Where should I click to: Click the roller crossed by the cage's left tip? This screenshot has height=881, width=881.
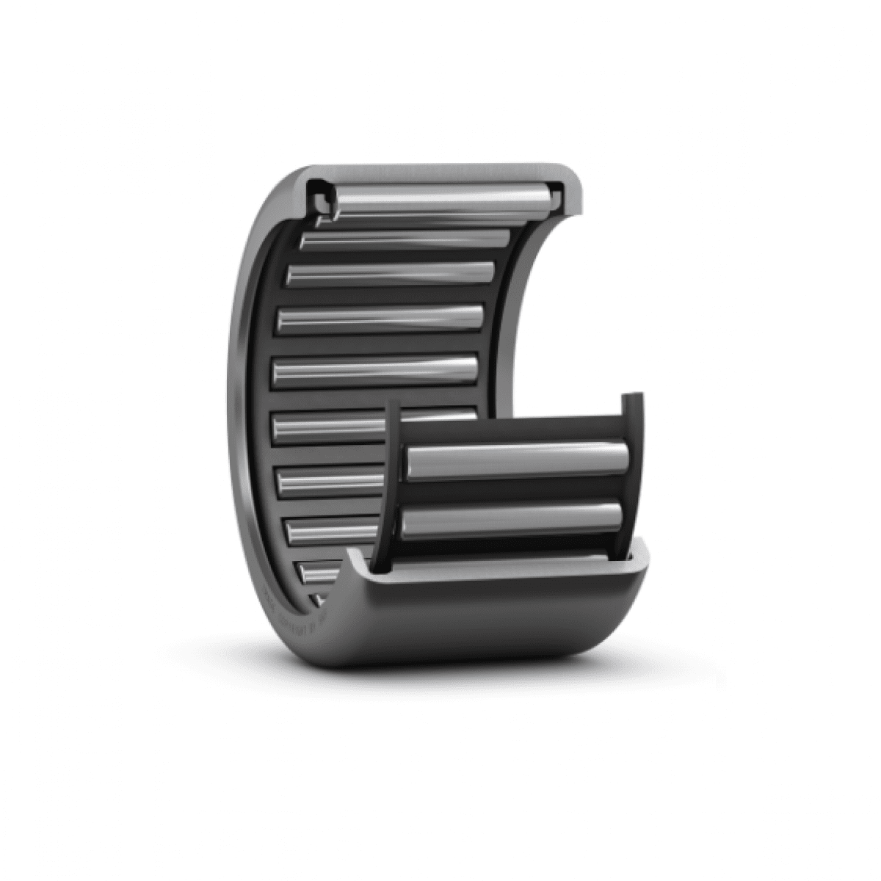click(330, 427)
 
